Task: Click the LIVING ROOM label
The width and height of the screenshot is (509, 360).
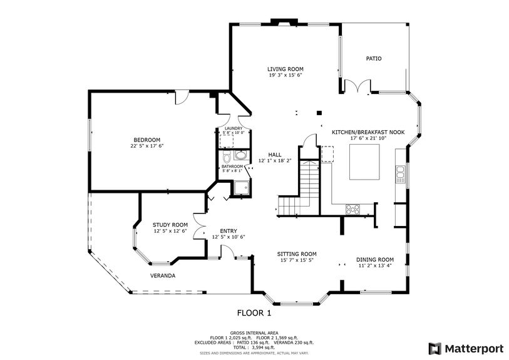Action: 285,69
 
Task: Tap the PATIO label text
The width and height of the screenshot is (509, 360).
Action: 374,59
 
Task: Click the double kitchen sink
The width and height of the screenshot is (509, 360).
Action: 399,174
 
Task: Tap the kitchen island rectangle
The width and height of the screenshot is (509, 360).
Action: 363,162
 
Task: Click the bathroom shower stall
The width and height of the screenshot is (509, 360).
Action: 240,187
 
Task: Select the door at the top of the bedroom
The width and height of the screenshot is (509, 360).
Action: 181,97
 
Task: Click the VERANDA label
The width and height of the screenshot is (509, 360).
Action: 162,275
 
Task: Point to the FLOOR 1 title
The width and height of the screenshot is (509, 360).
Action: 254,312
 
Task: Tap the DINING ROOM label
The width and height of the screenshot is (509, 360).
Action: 375,259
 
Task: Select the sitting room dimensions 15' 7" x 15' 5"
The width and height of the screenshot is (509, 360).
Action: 296,260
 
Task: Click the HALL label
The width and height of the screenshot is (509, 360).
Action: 275,154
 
